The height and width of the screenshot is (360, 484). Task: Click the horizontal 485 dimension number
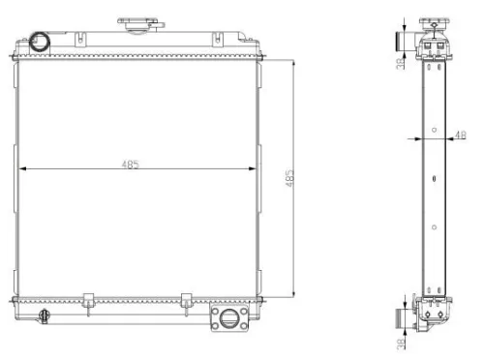(x=130, y=165)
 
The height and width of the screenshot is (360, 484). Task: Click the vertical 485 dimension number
(x=288, y=180)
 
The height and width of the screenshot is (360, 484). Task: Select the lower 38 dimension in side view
(x=400, y=342)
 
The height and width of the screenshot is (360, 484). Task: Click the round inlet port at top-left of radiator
(x=40, y=42)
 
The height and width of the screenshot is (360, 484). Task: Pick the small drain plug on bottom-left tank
(x=45, y=315)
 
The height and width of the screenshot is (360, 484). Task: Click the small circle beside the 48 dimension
(x=435, y=131)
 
